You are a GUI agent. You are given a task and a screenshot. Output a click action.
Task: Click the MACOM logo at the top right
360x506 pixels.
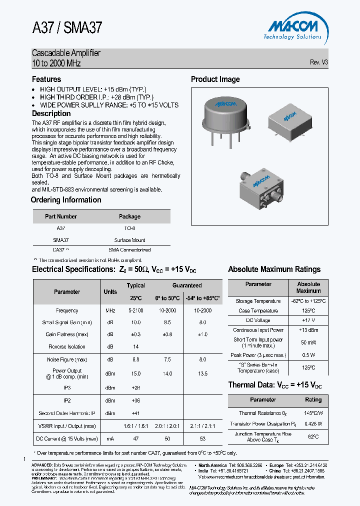click(292, 27)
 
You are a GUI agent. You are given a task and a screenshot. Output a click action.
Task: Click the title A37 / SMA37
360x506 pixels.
click(67, 27)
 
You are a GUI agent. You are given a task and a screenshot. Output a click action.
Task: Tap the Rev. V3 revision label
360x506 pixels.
click(318, 62)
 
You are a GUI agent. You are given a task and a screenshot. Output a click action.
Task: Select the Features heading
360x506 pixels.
click(46, 79)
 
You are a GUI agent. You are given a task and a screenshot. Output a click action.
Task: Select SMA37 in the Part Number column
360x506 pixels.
click(60, 240)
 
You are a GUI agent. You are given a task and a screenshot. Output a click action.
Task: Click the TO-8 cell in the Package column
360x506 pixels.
click(129, 228)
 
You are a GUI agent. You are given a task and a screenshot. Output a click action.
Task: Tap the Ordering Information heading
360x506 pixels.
click(66, 200)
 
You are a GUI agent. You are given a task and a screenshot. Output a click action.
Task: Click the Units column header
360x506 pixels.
click(110, 291)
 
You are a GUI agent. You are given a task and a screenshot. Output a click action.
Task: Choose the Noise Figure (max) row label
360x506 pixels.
click(67, 359)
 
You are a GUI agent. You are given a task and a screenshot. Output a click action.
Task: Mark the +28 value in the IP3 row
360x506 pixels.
click(135, 387)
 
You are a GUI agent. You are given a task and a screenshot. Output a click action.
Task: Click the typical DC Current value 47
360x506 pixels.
click(135, 438)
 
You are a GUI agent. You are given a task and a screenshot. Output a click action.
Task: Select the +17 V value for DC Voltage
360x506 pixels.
click(308, 320)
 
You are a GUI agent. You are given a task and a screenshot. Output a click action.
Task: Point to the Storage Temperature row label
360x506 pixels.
click(258, 301)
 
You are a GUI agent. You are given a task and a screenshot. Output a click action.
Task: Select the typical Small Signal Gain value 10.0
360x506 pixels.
click(135, 322)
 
